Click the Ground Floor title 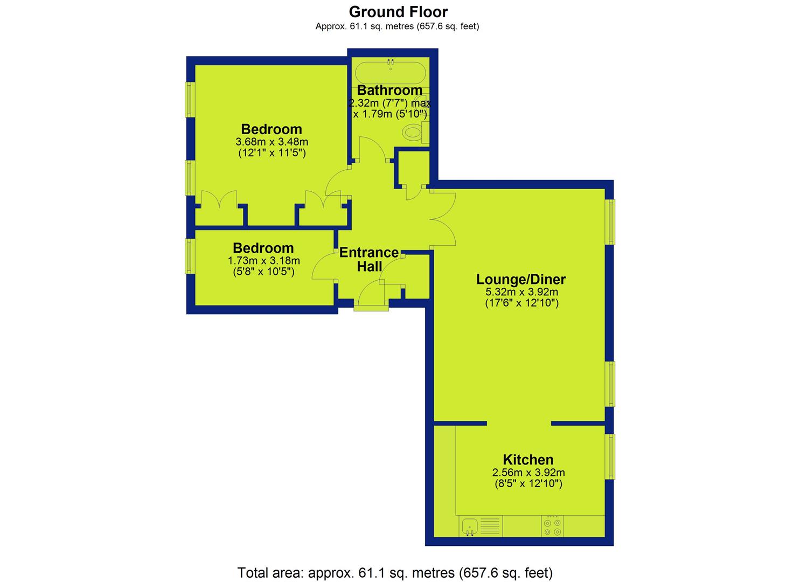pos(398,12)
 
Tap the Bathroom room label pos(389,90)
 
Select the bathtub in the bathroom pos(391,73)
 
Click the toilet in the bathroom pos(415,133)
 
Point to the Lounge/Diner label pos(521,279)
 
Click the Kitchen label pos(528,460)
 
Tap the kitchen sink pos(470,526)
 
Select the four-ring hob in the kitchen pos(552,526)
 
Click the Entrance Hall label pos(369,259)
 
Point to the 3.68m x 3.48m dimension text pos(272,142)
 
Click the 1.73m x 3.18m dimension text pos(264,261)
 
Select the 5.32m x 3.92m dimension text pos(522,292)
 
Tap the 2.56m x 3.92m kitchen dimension pos(528,472)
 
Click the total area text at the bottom pos(395,563)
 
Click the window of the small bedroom pos(190,256)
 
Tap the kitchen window pos(610,456)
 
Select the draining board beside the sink pos(490,526)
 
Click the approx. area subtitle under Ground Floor pos(397,26)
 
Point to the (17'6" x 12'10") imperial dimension pos(522,303)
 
